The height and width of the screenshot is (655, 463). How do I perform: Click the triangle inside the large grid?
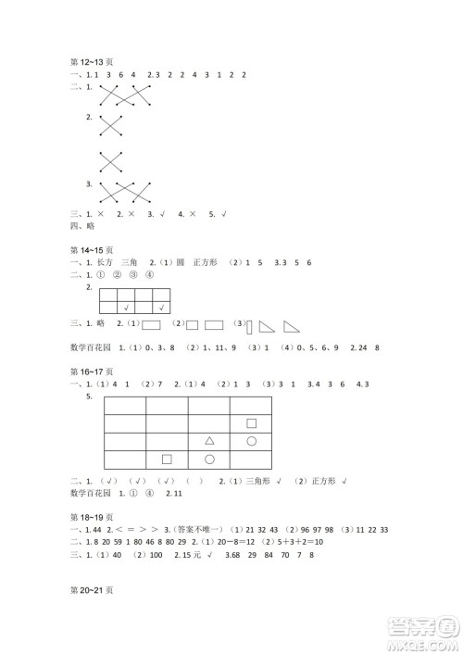point(209,440)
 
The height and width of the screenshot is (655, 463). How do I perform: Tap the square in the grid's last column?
point(251,422)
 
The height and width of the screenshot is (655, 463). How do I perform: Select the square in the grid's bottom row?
point(168,458)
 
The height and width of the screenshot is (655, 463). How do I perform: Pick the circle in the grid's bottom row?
point(209,458)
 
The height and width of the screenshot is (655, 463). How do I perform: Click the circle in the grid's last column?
point(251,440)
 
